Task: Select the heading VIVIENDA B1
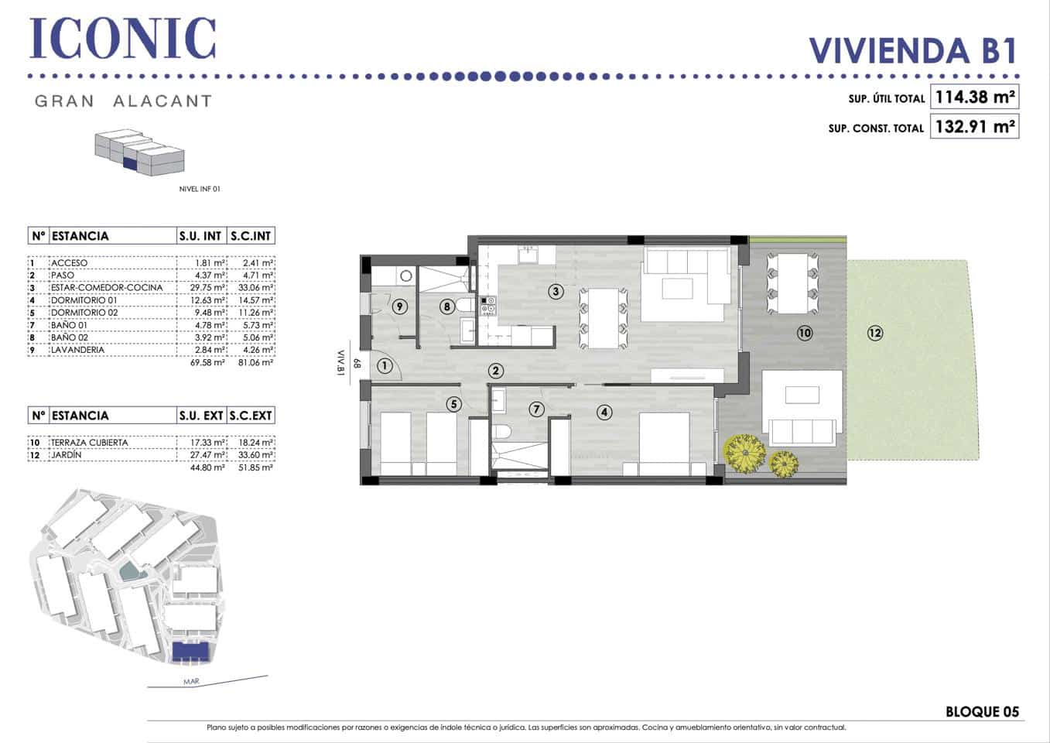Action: pos(912,50)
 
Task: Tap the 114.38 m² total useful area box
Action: pos(974,98)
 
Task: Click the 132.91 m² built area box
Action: pos(974,126)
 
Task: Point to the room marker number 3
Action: pos(555,292)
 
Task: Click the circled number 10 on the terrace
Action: pos(805,333)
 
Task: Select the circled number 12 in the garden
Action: pos(875,333)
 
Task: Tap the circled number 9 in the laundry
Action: pos(399,306)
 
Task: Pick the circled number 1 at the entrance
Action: pos(385,366)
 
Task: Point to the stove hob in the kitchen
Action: pos(488,306)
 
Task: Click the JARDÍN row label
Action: pos(67,455)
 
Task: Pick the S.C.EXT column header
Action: pos(251,416)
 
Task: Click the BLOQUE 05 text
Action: pos(982,711)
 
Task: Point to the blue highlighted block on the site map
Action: pos(191,652)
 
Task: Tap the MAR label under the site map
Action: pos(191,682)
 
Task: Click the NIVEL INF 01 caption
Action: pos(200,189)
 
